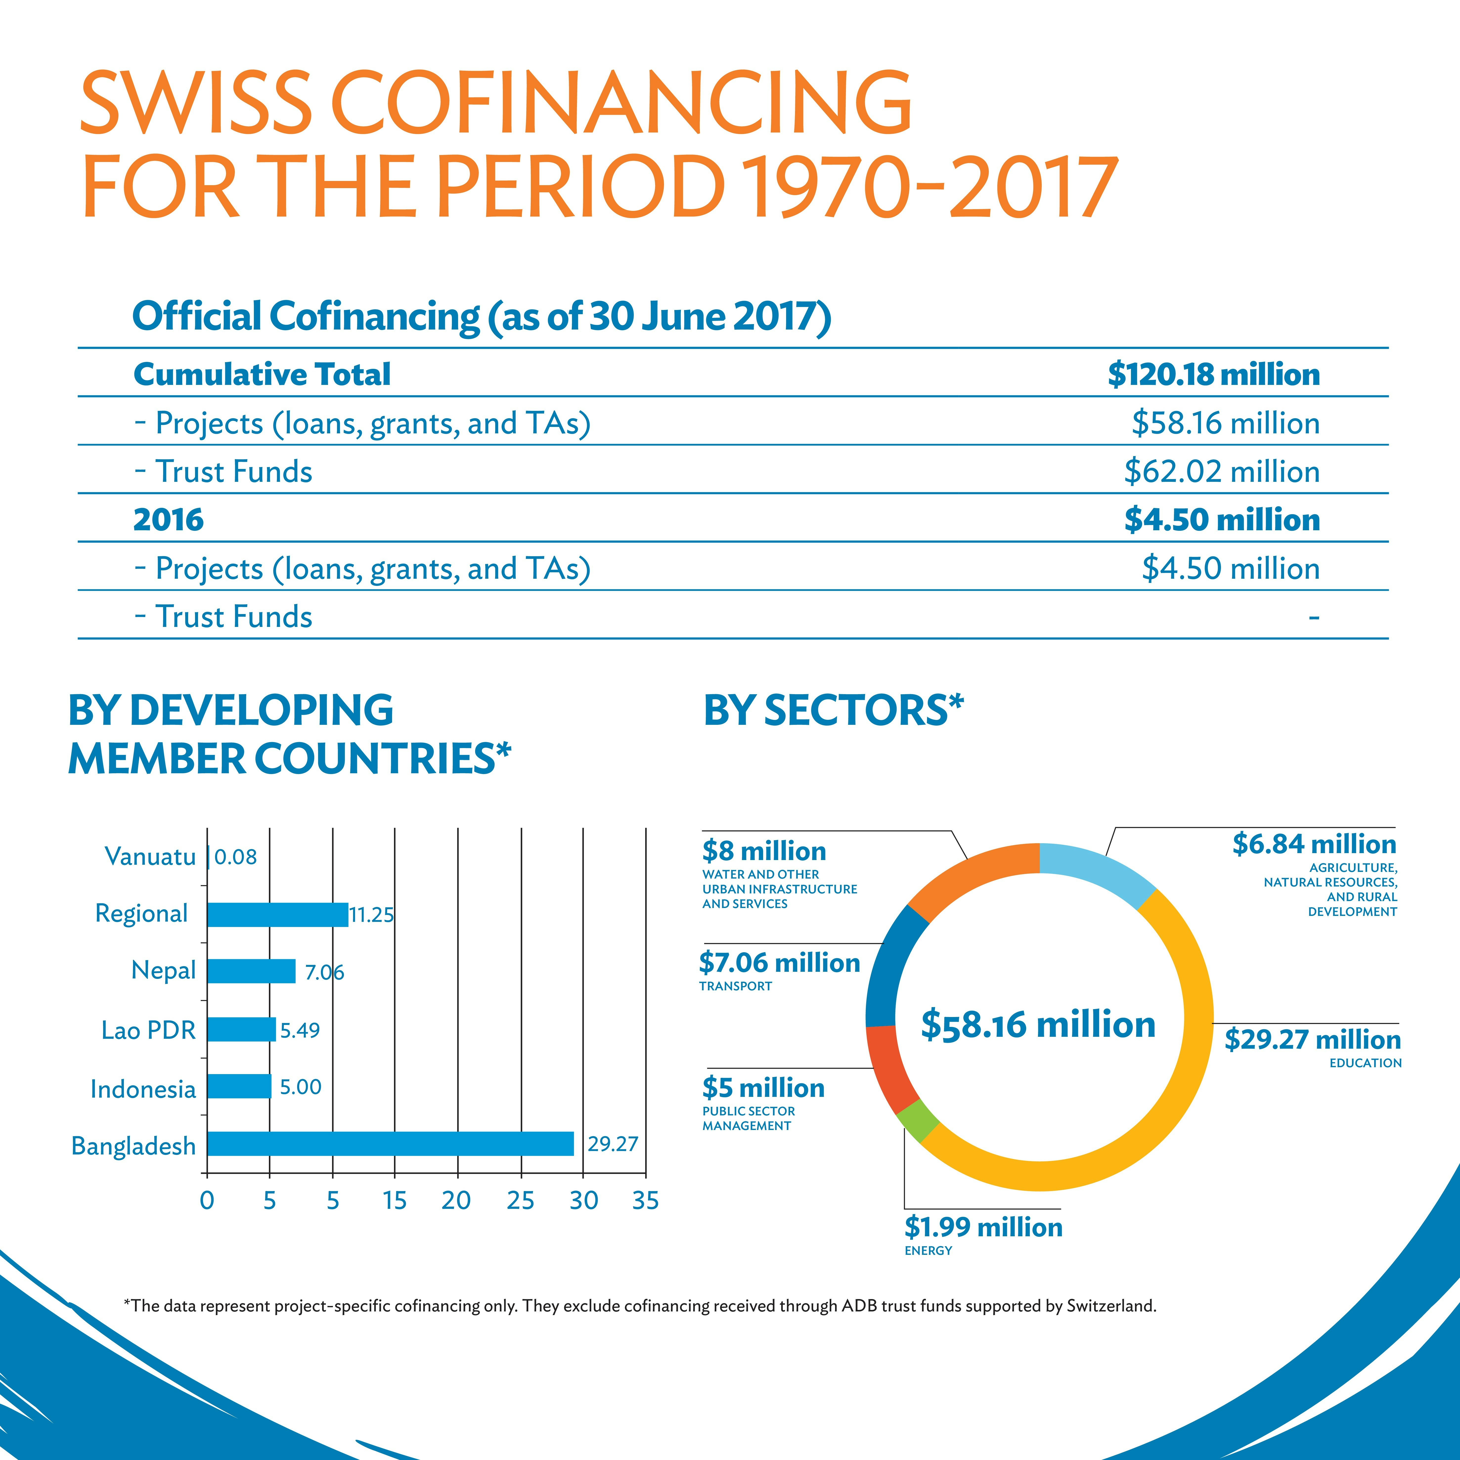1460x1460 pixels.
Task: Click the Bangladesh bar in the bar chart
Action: (x=390, y=1143)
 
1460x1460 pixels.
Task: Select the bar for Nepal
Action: (x=251, y=971)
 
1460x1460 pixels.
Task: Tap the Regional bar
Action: (x=277, y=914)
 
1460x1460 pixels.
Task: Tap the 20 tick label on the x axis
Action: (x=456, y=1200)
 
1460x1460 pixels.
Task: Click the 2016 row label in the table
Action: (x=168, y=520)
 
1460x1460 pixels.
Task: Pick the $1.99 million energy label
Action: (x=983, y=1226)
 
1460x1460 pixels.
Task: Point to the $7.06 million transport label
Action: (x=779, y=963)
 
